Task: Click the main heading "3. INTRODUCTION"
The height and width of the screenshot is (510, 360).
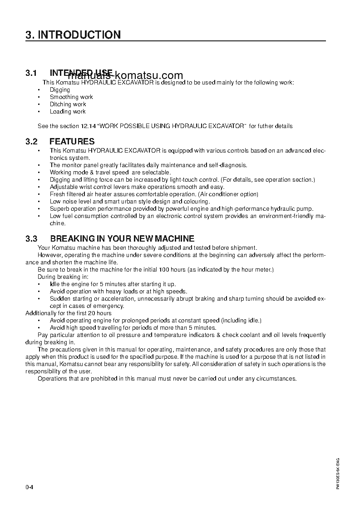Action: point(73,35)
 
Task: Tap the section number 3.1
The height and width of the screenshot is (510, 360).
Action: point(31,73)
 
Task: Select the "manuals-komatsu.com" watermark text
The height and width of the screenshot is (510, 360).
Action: point(125,76)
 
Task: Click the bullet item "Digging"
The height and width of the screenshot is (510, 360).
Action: point(60,90)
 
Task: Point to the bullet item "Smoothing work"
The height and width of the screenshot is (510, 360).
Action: point(71,97)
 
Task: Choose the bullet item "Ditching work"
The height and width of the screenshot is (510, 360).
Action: point(68,104)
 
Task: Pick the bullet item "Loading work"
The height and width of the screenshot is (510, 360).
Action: point(68,112)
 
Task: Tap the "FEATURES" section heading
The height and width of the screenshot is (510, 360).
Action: point(72,142)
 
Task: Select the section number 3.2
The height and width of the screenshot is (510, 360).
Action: point(31,142)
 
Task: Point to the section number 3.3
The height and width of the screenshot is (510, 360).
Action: point(31,238)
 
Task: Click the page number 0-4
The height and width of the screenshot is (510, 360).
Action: point(30,488)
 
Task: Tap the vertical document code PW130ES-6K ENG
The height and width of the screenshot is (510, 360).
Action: point(338,473)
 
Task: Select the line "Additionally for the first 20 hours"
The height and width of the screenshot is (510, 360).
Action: point(68,313)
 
